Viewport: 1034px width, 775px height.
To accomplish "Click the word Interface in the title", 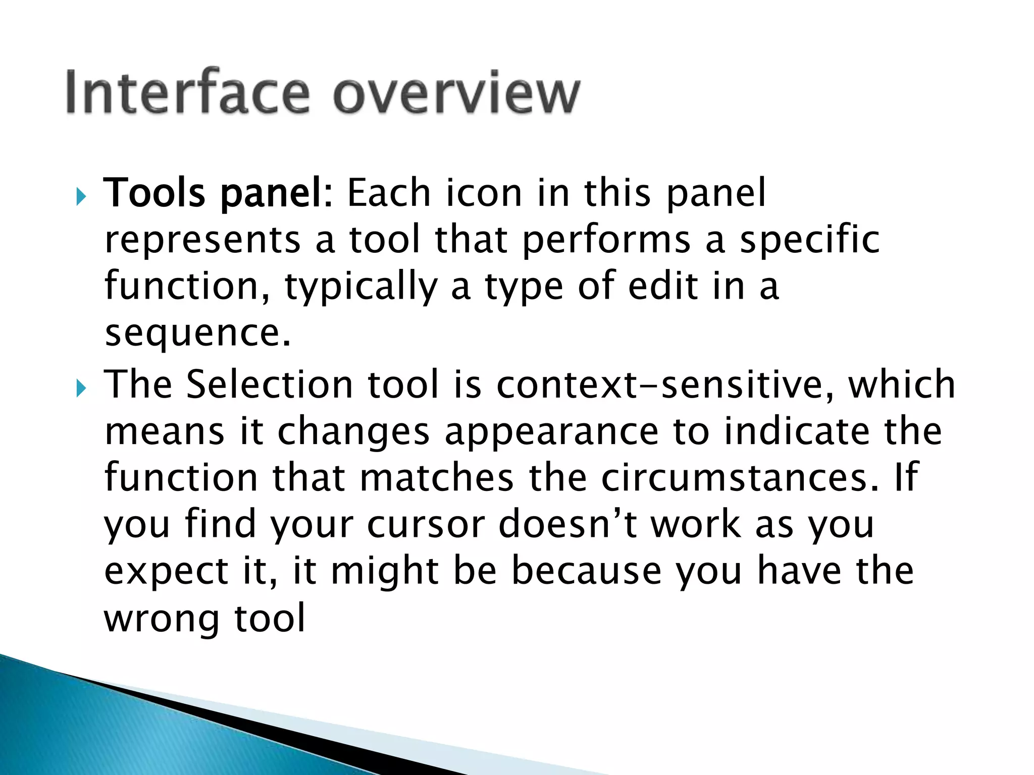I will click(187, 93).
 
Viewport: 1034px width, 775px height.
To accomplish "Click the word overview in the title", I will click(456, 93).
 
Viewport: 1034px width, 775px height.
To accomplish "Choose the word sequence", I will click(197, 334).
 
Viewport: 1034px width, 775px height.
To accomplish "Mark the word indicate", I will click(797, 431).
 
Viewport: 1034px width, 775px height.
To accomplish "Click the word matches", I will click(437, 478).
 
